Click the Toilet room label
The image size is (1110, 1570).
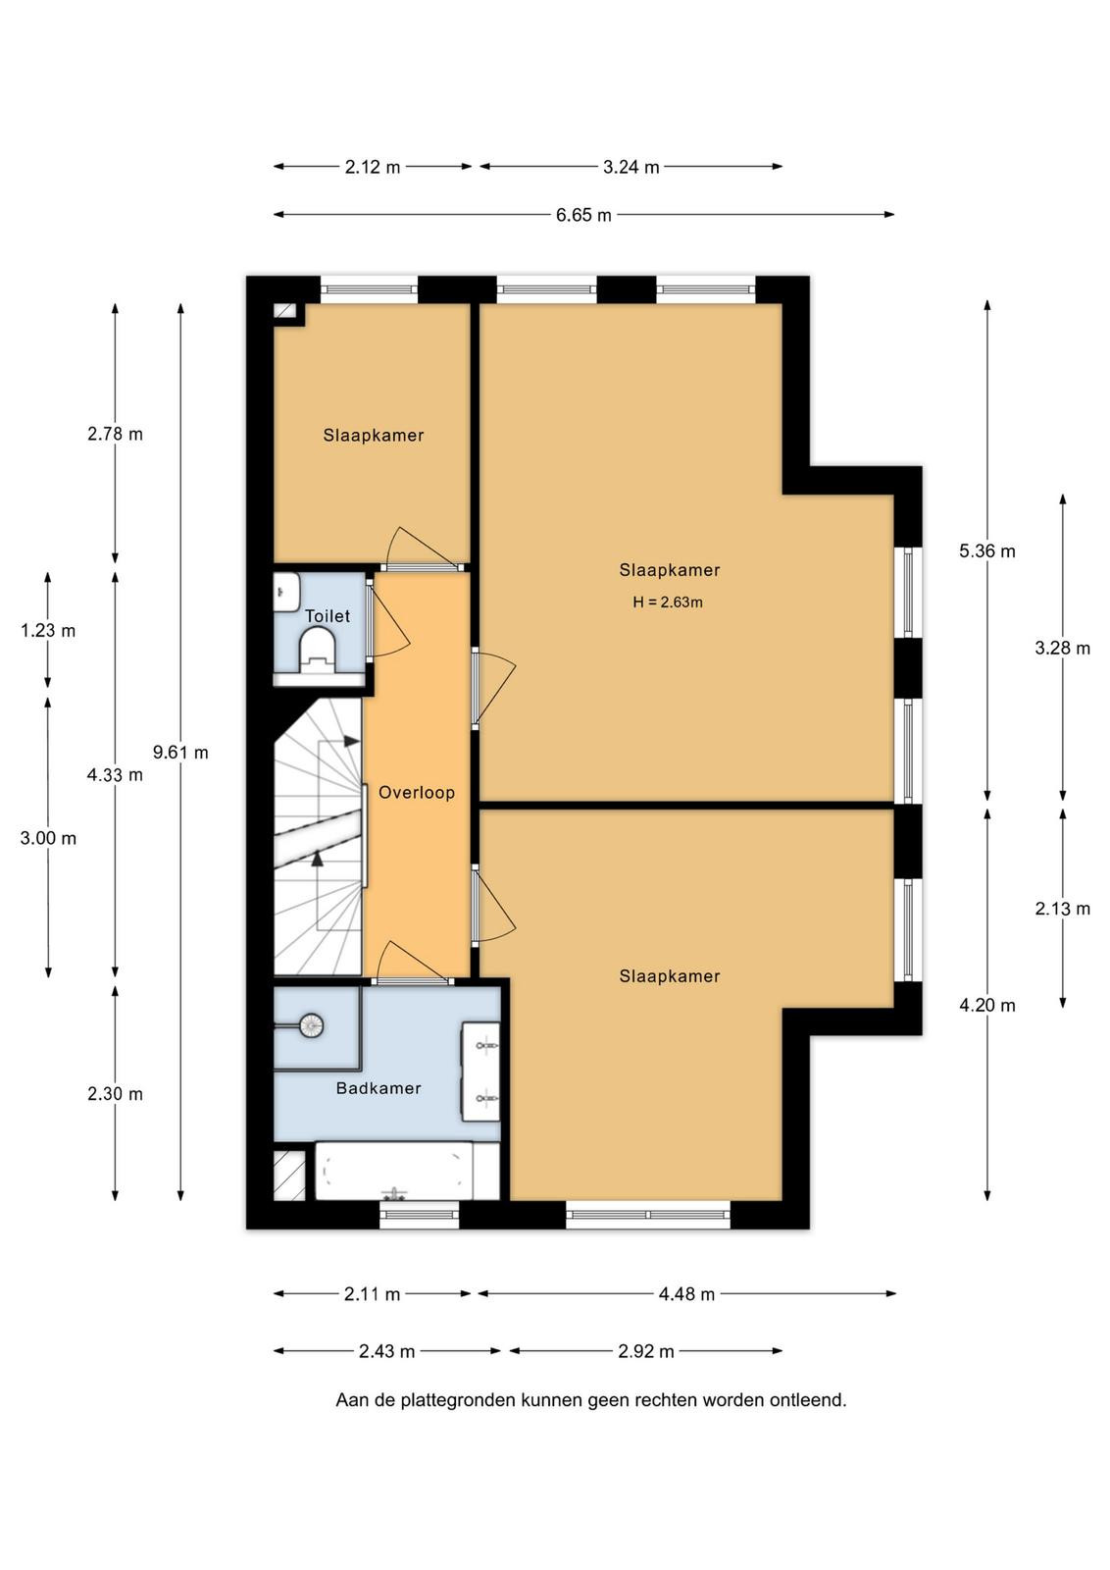(328, 616)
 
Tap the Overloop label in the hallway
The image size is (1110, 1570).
(417, 793)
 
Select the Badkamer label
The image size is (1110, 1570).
(378, 1088)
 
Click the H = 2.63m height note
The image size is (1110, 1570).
(668, 602)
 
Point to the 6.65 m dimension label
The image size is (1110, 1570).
(583, 215)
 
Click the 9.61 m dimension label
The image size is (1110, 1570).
(180, 753)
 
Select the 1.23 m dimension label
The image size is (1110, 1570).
(48, 631)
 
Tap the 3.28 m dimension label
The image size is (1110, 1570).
(1062, 649)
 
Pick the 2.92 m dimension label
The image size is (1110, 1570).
(645, 1351)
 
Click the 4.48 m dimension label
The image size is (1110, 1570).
(686, 1294)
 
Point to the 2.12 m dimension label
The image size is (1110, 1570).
(372, 167)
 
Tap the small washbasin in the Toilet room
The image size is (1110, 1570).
(286, 593)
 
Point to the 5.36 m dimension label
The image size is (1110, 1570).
(986, 551)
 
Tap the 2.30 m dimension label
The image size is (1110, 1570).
(115, 1094)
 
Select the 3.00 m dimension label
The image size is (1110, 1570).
(48, 838)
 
